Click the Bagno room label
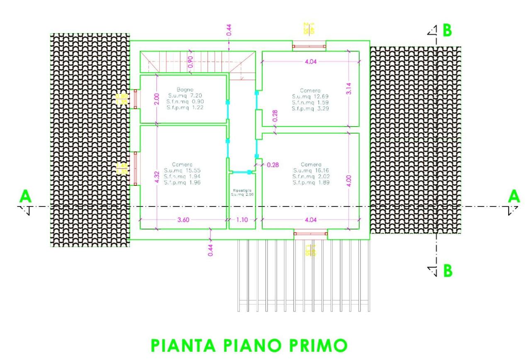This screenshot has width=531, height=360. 183,89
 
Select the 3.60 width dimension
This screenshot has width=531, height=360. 183,220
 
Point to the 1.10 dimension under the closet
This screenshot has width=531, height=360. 242,220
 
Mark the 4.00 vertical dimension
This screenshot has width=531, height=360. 348,180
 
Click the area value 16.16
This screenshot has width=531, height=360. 321,170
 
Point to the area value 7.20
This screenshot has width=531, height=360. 194,95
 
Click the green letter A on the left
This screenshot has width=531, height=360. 25,197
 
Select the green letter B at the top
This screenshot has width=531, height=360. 447,31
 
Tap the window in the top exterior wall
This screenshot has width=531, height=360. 309,46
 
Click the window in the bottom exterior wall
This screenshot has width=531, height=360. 310,234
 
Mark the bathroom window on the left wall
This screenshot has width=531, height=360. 135,99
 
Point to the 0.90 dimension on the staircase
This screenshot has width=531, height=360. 190,62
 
